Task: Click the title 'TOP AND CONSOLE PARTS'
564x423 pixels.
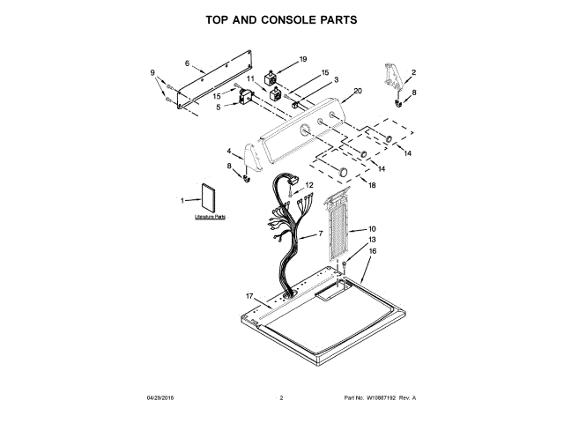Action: tap(281, 19)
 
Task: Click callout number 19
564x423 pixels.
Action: tap(302, 59)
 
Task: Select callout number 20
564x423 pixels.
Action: tap(358, 91)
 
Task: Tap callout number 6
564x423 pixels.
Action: tap(188, 63)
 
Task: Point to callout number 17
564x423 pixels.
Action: tap(249, 296)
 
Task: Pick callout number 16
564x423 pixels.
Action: tap(372, 251)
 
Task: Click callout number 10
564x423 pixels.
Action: tap(372, 229)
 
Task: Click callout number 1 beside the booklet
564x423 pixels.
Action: tap(183, 201)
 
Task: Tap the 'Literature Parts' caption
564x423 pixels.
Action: tap(210, 216)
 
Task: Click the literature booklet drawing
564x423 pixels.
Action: tap(211, 199)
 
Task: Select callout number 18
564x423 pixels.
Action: tap(372, 186)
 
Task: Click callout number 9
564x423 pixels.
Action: tap(152, 72)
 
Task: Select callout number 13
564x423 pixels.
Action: tap(372, 240)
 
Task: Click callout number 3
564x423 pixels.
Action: tap(335, 80)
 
